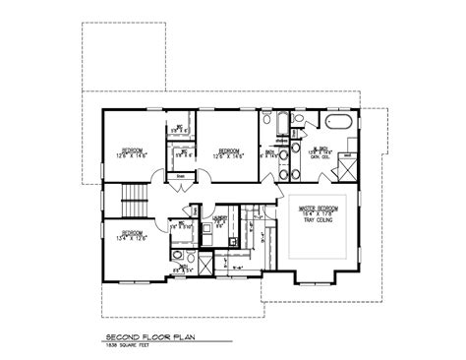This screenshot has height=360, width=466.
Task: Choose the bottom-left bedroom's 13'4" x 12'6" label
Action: tap(124, 239)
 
